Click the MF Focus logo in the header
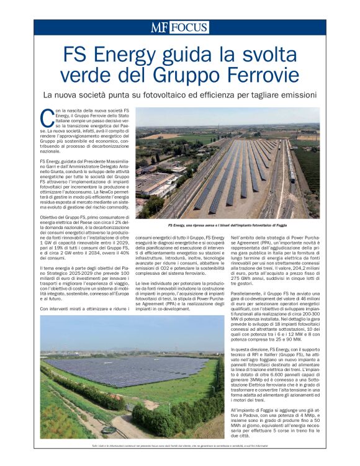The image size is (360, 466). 179,27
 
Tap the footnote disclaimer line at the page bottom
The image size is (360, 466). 179,446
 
